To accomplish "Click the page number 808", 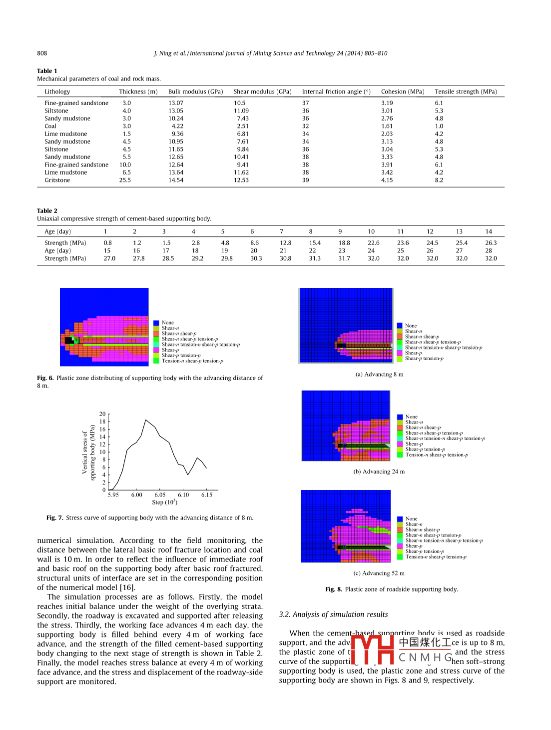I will [42, 53].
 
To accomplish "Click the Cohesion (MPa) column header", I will [402, 92].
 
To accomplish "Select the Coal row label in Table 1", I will [50, 126].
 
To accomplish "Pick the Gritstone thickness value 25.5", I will [125, 180].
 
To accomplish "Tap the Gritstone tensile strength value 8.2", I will [439, 180].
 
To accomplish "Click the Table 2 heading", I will [47, 211].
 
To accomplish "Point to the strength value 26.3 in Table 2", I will [491, 243].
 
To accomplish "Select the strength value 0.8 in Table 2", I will [108, 243].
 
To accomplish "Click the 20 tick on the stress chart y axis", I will [102, 414].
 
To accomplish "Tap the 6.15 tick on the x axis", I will [207, 495].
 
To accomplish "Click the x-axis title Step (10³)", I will [164, 502].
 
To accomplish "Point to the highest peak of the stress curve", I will [145, 420].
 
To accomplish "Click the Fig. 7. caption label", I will [55, 518].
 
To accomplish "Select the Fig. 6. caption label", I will [45, 378].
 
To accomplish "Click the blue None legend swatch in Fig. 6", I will [156, 323].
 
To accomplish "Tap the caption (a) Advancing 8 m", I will [379, 374].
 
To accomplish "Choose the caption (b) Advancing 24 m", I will [379, 471].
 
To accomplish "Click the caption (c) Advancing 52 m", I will [379, 573].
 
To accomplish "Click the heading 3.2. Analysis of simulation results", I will [333, 614].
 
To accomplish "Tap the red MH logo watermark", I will [373, 649].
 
